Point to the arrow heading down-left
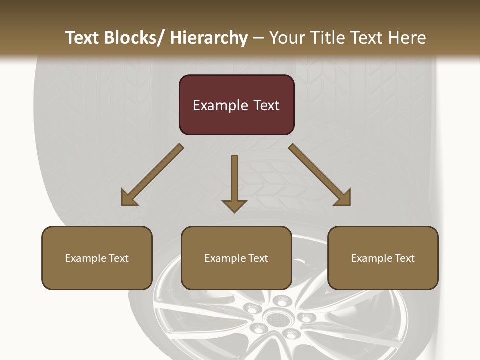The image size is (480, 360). pyautogui.click(x=152, y=175)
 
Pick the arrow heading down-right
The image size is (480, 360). pyautogui.click(x=320, y=175)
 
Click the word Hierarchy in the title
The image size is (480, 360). pyautogui.click(x=208, y=38)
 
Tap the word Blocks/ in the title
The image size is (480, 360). pyautogui.click(x=135, y=38)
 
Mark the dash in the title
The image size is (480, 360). pyautogui.click(x=259, y=38)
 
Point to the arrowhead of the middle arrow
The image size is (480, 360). pyautogui.click(x=234, y=205)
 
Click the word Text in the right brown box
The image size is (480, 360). pyautogui.click(x=404, y=258)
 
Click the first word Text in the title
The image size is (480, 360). pyautogui.click(x=82, y=38)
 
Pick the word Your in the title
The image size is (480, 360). pyautogui.click(x=286, y=38)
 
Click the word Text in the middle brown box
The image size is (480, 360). pyautogui.click(x=257, y=258)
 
